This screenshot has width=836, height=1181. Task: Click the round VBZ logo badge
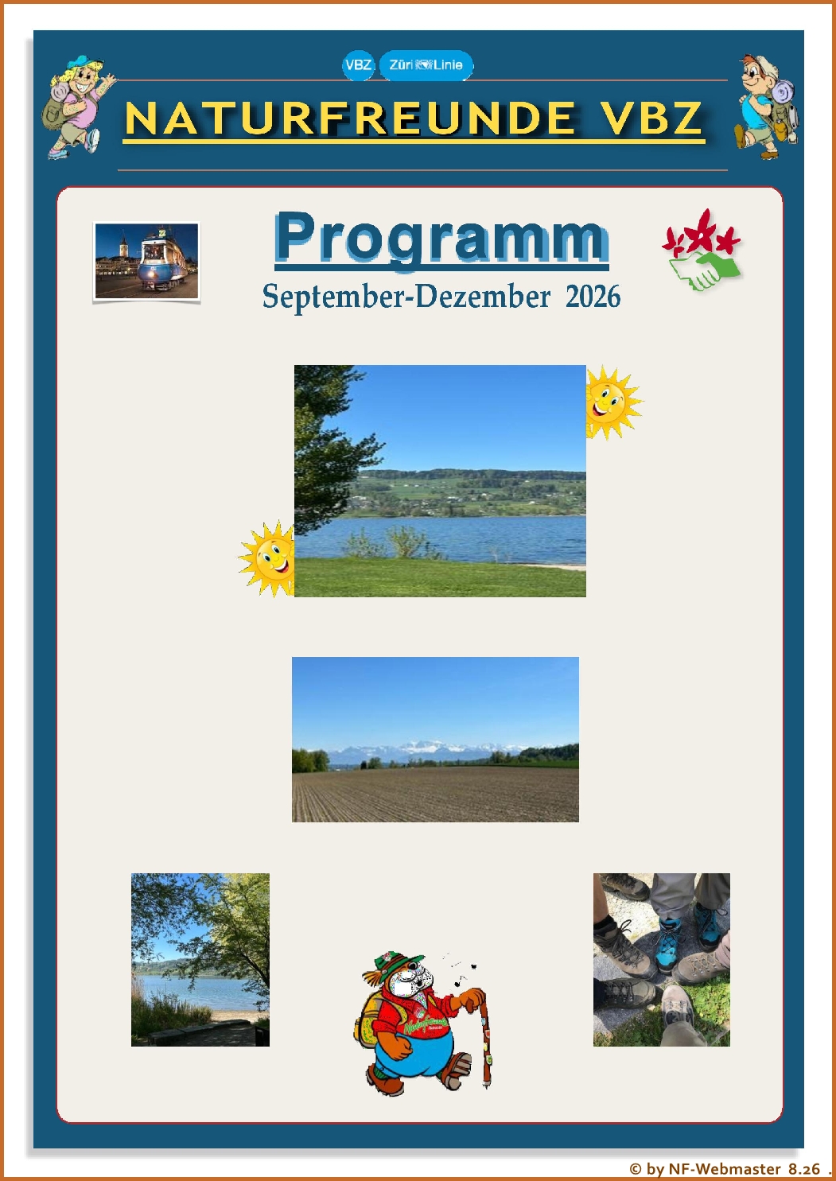point(358,65)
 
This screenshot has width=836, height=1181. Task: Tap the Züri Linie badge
point(426,65)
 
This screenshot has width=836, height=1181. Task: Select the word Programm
point(441,237)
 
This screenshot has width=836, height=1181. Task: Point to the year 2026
point(593,297)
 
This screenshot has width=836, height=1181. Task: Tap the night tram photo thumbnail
point(146,261)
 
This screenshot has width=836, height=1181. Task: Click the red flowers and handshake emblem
point(702,251)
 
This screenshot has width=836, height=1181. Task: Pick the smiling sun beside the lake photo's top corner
point(614,402)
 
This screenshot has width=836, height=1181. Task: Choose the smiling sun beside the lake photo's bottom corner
point(267,559)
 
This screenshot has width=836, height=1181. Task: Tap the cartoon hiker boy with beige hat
point(765,107)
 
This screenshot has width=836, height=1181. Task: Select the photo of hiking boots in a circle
point(662,959)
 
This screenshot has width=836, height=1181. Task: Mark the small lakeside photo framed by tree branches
point(200,959)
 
